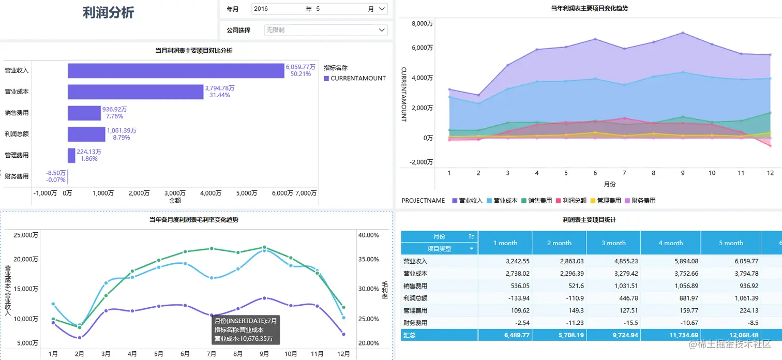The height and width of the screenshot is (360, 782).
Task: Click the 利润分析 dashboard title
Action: tap(109, 13)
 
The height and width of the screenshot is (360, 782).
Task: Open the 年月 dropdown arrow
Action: tap(382, 9)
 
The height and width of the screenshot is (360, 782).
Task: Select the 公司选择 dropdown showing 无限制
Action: tap(325, 30)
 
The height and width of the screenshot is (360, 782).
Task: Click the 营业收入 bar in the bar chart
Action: tap(176, 71)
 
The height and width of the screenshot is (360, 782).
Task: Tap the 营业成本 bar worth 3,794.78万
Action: tap(136, 92)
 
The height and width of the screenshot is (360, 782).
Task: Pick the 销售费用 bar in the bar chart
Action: tap(84, 113)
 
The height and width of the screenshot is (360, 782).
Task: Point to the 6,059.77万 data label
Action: tap(300, 67)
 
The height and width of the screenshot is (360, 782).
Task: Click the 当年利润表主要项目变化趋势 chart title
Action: tap(590, 8)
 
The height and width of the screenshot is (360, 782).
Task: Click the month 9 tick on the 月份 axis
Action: tap(683, 173)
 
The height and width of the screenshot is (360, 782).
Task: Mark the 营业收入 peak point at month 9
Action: tap(683, 33)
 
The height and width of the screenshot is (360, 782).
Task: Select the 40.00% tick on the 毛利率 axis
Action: tap(368, 235)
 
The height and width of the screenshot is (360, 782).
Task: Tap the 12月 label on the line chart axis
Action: tap(343, 354)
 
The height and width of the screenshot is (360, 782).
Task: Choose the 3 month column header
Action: tap(613, 243)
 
